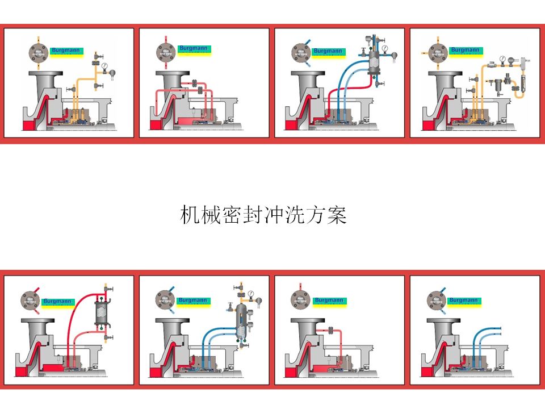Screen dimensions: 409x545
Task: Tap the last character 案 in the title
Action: [337, 216]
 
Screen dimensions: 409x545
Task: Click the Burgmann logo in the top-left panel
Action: [66, 51]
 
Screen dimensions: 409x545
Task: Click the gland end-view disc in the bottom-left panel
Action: [30, 300]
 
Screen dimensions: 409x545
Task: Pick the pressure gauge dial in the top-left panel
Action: [105, 67]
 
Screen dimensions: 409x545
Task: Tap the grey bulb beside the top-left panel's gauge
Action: [112, 73]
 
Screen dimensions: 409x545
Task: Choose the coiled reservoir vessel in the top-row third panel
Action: [374, 64]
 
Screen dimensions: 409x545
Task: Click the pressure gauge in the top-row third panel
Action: [386, 49]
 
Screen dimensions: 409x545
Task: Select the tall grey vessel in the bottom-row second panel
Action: [241, 321]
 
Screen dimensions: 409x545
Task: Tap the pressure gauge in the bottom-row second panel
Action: [250, 293]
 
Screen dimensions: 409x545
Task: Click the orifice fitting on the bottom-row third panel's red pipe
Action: [330, 329]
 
